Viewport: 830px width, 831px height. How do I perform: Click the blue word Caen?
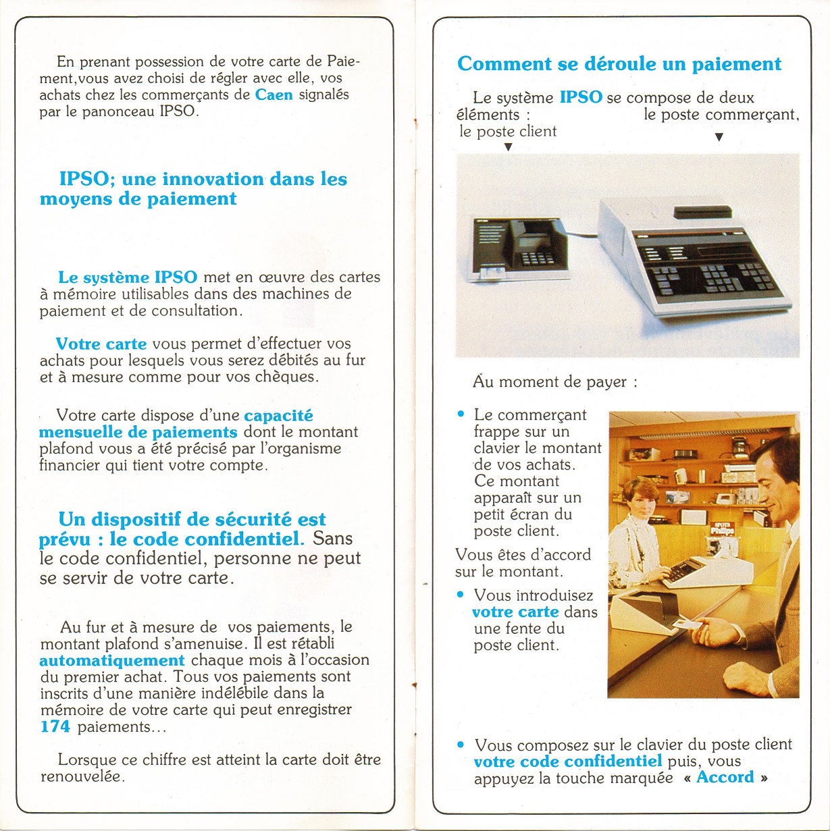pyautogui.click(x=274, y=95)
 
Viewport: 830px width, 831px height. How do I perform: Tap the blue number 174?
pyautogui.click(x=55, y=727)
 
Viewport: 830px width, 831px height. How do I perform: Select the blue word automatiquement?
pyautogui.click(x=111, y=660)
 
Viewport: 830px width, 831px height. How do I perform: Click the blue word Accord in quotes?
pyautogui.click(x=725, y=777)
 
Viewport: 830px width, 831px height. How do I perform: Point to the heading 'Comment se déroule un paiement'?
pyautogui.click(x=619, y=64)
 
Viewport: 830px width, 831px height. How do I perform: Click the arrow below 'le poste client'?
pyautogui.click(x=509, y=146)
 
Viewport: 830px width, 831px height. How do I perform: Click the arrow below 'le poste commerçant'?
pyautogui.click(x=719, y=137)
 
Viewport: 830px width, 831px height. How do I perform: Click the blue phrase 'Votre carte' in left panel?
pyautogui.click(x=101, y=344)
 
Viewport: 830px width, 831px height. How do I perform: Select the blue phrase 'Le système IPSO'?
pyautogui.click(x=128, y=277)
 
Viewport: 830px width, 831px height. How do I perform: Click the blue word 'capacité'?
pyautogui.click(x=278, y=416)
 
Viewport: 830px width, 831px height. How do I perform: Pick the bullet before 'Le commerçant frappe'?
pyautogui.click(x=461, y=414)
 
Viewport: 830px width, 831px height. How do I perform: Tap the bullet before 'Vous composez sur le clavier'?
pyautogui.click(x=461, y=745)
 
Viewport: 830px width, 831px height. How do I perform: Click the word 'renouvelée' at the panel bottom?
pyautogui.click(x=82, y=776)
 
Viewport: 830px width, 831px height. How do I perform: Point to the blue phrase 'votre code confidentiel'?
pyautogui.click(x=567, y=761)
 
